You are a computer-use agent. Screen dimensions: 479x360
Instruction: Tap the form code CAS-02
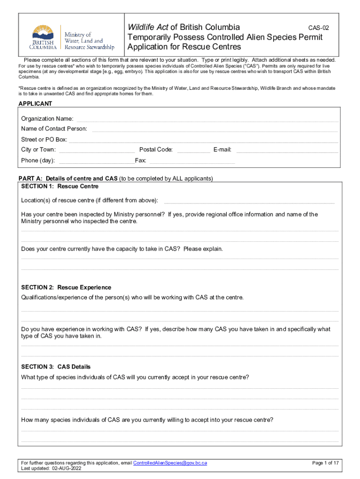pos(318,28)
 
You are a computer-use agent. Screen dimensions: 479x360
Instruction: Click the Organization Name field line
pos(207,120)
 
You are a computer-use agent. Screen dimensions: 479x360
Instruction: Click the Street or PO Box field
pos(203,140)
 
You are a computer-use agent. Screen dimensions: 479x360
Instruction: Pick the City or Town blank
pos(97,151)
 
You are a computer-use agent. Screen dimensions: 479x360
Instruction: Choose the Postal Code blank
pos(194,151)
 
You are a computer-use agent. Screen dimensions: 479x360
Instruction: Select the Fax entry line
pos(191,162)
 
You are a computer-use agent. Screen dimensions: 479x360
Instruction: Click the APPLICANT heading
pos(35,104)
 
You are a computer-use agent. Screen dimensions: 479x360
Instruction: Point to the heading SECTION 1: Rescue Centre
pos(60,186)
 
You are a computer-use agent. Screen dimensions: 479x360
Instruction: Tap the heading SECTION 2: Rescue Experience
pos(66,287)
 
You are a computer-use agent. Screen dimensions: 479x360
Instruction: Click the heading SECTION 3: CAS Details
pos(56,367)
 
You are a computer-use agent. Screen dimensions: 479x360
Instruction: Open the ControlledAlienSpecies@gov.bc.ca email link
pos(170,463)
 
